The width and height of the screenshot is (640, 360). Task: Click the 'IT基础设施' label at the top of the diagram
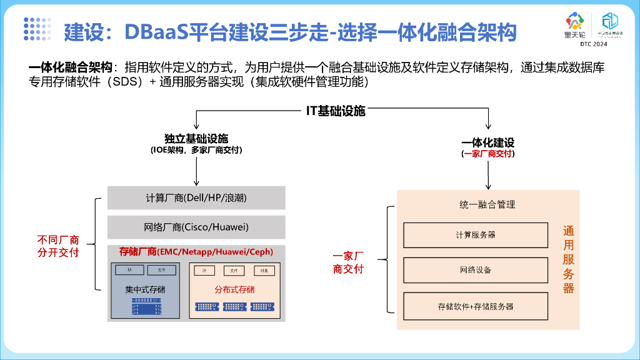[336, 111]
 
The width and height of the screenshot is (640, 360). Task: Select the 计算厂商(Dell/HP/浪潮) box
[196, 197]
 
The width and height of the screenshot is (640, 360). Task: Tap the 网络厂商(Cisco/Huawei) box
[196, 227]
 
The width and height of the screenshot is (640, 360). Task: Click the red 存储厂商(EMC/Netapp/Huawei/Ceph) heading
[196, 251]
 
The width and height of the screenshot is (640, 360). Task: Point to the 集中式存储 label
[145, 289]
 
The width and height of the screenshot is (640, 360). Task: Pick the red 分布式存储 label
[234, 289]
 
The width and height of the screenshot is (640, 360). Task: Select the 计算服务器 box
[476, 235]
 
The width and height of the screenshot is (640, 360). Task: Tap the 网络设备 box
[476, 270]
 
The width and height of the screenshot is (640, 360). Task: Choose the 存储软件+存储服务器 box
[476, 306]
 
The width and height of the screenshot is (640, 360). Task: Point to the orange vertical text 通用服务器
[568, 259]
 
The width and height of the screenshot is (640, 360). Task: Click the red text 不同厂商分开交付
[58, 246]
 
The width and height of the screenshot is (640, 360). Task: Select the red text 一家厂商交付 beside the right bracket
[348, 262]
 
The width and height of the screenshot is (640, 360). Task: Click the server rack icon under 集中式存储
[146, 306]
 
